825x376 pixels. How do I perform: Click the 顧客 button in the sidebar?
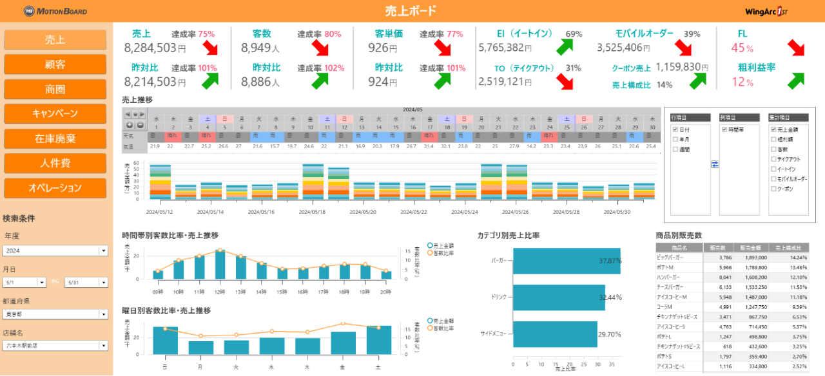tap(55, 64)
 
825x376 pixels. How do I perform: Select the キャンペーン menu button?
tap(55, 113)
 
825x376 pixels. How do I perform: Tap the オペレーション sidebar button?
tap(55, 188)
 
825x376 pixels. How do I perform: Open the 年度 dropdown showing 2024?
tap(55, 250)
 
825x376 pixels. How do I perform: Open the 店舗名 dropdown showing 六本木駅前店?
tap(55, 346)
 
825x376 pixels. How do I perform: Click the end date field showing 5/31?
tap(86, 282)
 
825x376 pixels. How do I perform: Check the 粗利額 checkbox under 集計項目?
tap(773, 138)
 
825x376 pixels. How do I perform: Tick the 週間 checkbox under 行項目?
tap(675, 149)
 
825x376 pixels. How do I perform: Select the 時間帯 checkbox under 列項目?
tap(724, 129)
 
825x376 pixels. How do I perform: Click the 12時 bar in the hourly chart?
tap(220, 265)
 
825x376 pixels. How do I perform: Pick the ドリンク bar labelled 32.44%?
tap(559, 297)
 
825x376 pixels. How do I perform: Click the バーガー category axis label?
tap(498, 261)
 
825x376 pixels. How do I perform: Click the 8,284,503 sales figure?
tap(150, 48)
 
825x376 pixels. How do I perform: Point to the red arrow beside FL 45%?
tap(796, 48)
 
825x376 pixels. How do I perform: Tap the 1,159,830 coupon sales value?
tap(678, 66)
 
